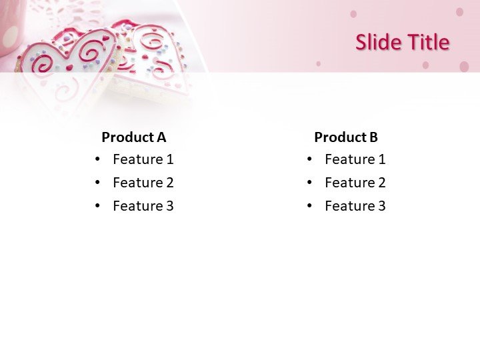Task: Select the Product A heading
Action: click(133, 137)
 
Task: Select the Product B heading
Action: click(345, 137)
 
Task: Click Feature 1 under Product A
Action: click(143, 159)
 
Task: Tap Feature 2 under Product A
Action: click(143, 183)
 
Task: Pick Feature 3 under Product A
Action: click(143, 206)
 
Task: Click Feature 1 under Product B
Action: click(355, 159)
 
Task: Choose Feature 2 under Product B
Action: click(355, 183)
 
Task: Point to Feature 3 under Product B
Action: click(355, 206)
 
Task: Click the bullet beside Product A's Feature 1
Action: click(98, 159)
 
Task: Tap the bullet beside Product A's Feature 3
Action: click(98, 206)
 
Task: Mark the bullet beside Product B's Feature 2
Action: click(310, 183)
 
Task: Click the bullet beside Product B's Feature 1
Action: click(310, 159)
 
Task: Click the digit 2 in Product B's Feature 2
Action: click(381, 183)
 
